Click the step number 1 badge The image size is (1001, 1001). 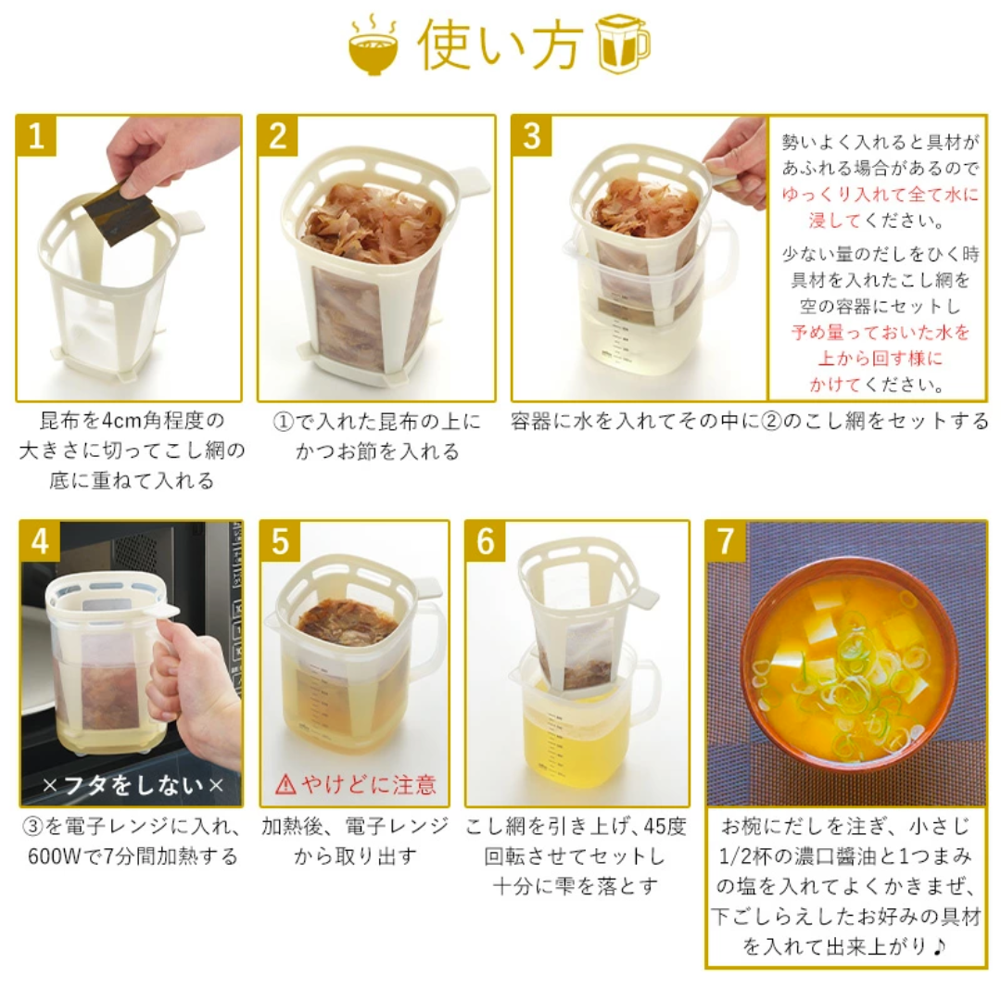tap(36, 136)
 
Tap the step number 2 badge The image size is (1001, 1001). tap(278, 136)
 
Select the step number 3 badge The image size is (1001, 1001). tap(532, 136)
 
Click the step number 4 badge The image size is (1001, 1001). tap(40, 541)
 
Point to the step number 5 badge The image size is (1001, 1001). tap(280, 541)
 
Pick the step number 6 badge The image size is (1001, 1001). tap(486, 541)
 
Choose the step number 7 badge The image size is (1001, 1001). tap(726, 541)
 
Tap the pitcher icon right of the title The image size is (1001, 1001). tap(623, 44)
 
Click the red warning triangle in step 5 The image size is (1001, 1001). tap(285, 784)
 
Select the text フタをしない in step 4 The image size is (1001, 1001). tap(133, 785)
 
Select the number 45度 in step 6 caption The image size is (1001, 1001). tap(665, 826)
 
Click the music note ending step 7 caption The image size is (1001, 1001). tap(938, 946)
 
